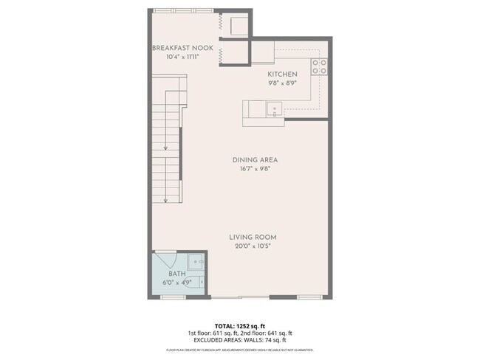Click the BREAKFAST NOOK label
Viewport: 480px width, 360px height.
pyautogui.click(x=182, y=48)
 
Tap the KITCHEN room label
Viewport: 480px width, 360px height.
pyautogui.click(x=282, y=75)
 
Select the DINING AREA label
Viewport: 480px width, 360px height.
pyautogui.click(x=254, y=159)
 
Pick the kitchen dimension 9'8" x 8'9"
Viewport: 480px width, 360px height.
pyautogui.click(x=282, y=83)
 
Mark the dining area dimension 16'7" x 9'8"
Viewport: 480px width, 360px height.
pyautogui.click(x=254, y=169)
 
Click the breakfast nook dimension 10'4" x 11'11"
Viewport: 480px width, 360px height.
pyautogui.click(x=182, y=57)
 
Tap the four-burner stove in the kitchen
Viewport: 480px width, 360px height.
pyautogui.click(x=320, y=67)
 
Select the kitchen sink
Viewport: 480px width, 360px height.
pyautogui.click(x=274, y=109)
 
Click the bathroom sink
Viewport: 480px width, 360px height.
pyautogui.click(x=195, y=260)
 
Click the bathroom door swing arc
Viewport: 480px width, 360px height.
pyautogui.click(x=165, y=260)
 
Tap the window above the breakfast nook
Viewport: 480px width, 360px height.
pyautogui.click(x=185, y=10)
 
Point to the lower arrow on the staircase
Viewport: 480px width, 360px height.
pyautogui.click(x=167, y=195)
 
